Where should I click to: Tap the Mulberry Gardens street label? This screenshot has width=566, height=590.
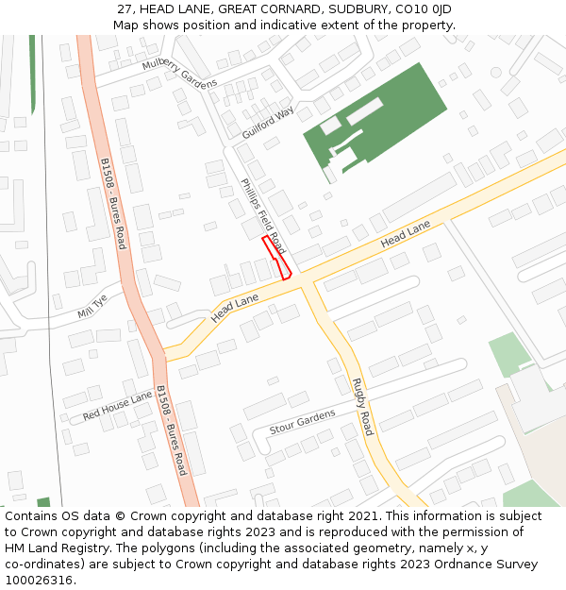(179, 71)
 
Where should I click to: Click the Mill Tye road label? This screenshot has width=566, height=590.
(93, 306)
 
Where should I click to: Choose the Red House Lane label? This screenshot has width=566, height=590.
(117, 407)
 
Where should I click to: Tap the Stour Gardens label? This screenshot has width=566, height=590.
(302, 422)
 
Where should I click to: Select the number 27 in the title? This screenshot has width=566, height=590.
(125, 9)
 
